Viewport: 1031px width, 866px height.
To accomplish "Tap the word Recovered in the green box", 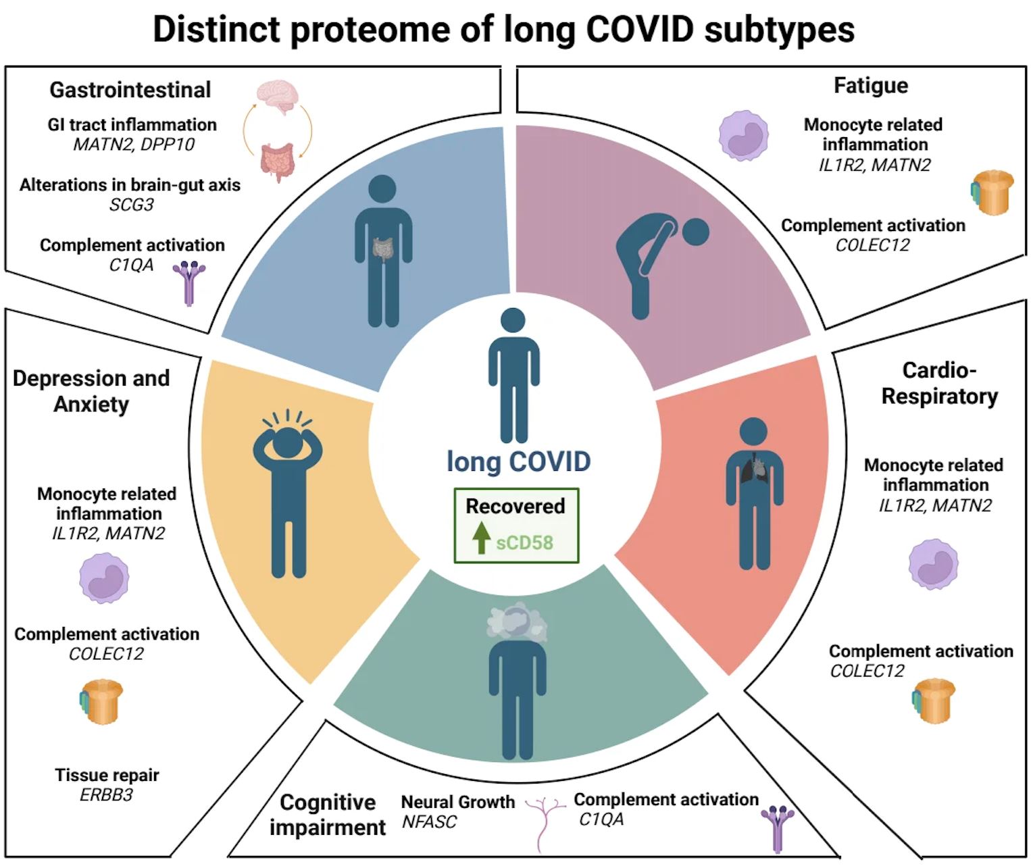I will tap(515, 506).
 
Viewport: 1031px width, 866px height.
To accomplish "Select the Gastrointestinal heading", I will tap(130, 90).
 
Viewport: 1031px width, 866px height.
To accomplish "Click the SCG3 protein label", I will tap(132, 205).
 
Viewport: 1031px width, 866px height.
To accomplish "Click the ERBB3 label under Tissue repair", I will tap(106, 795).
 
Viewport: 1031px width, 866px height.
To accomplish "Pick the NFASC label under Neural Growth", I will tap(429, 822).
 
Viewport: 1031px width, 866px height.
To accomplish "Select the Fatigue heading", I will tap(871, 86).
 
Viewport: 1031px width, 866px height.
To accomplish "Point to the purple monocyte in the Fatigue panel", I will tap(743, 136).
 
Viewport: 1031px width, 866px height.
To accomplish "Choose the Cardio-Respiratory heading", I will tap(939, 383).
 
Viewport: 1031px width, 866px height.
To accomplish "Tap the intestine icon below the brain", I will tap(278, 161).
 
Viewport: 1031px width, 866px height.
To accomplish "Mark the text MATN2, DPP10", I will tap(134, 145).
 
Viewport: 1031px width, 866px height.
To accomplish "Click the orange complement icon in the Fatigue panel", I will tap(992, 192).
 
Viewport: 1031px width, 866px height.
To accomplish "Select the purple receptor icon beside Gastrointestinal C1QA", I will tap(189, 282).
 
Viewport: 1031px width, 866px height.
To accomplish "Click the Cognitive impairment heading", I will tap(328, 815).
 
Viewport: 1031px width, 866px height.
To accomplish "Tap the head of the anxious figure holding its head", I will tap(288, 442).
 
